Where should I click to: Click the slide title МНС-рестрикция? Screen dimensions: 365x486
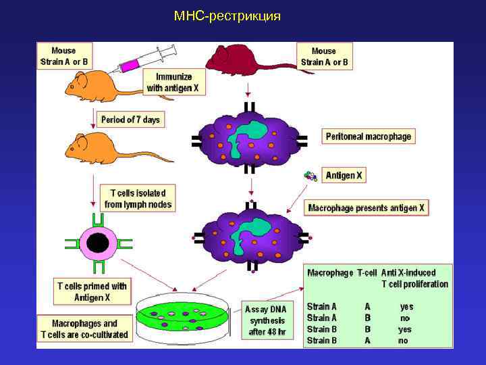(226, 16)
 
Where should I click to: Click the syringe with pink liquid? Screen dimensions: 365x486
(146, 60)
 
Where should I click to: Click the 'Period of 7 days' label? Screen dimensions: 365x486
(130, 120)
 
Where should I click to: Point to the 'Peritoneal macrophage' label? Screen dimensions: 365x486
(368, 136)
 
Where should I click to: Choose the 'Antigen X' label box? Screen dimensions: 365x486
(344, 175)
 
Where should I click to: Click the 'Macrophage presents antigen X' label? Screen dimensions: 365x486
(367, 208)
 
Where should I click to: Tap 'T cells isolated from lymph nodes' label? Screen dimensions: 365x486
(137, 198)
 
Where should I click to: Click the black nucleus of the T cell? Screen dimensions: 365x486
(98, 244)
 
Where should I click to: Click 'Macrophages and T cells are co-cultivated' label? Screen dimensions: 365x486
(84, 329)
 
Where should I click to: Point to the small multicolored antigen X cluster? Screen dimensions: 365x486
(310, 176)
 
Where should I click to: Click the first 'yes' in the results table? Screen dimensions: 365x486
(406, 306)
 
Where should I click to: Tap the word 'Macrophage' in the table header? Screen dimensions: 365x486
(330, 273)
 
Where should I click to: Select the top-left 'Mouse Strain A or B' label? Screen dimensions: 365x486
(64, 56)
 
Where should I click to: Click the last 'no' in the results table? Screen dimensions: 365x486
(404, 341)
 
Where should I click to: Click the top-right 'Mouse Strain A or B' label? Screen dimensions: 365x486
(325, 56)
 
